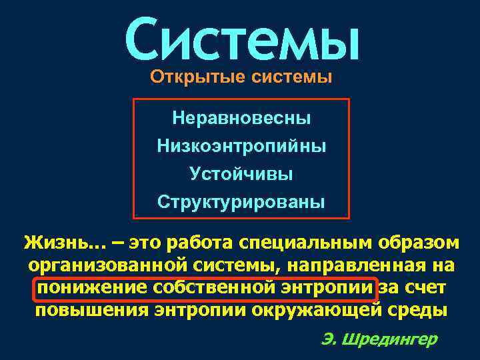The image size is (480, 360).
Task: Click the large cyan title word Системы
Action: (241, 38)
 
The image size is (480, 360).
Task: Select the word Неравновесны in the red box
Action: (241, 119)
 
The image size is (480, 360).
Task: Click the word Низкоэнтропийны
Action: (241, 145)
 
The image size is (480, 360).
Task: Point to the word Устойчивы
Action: (241, 173)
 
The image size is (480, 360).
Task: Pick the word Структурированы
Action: (241, 201)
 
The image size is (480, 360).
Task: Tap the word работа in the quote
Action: (200, 241)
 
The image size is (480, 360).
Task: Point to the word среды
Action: (418, 311)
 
